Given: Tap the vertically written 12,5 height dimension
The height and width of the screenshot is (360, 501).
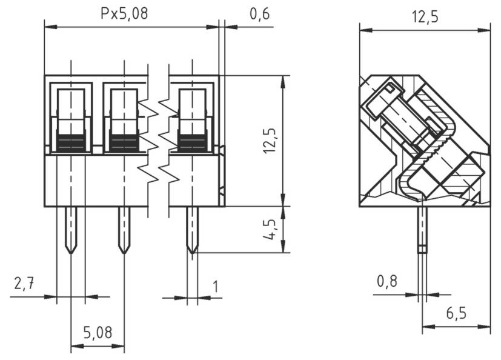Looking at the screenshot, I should [x=270, y=141].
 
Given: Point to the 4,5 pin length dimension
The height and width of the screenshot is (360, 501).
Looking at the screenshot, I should [x=270, y=230].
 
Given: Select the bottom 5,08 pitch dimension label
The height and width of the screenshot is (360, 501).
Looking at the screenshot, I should [x=97, y=332].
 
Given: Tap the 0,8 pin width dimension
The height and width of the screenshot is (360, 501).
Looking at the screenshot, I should [x=387, y=281].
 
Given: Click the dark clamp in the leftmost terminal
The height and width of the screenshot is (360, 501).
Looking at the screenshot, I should [x=71, y=142].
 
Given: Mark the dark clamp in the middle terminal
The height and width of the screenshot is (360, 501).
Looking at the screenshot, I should [x=124, y=142].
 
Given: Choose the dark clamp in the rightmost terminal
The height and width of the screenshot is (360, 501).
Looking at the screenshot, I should [x=192, y=142].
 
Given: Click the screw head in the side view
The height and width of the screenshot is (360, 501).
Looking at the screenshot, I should [x=382, y=101].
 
